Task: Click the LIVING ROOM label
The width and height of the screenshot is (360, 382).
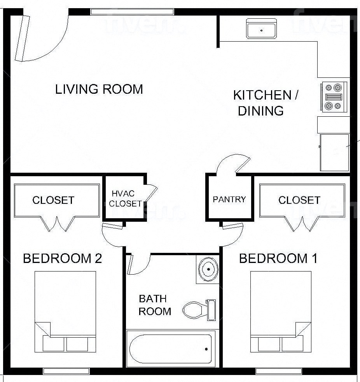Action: tap(99, 89)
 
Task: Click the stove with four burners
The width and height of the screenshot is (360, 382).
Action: tap(334, 97)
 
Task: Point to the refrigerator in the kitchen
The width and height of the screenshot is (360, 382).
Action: tap(334, 152)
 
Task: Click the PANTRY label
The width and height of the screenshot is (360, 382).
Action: tap(229, 200)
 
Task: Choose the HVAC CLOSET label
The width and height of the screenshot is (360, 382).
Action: tap(125, 198)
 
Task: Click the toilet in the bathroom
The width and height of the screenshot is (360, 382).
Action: tap(198, 310)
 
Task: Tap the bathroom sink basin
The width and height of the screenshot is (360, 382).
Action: tap(208, 268)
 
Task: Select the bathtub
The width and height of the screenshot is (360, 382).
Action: tap(171, 349)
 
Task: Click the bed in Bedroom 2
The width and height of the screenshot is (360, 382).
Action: tap(65, 311)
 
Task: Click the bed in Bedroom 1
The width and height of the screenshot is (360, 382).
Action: tap(281, 311)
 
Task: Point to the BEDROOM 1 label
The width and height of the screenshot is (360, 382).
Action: tap(278, 258)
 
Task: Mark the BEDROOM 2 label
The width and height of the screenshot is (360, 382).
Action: tap(62, 258)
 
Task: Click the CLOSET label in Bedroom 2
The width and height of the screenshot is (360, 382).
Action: tap(53, 200)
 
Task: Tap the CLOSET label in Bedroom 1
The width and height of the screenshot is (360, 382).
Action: tap(299, 200)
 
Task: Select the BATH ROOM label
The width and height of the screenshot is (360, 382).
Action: tap(155, 305)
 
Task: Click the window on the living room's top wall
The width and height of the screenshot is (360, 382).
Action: tap(132, 12)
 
